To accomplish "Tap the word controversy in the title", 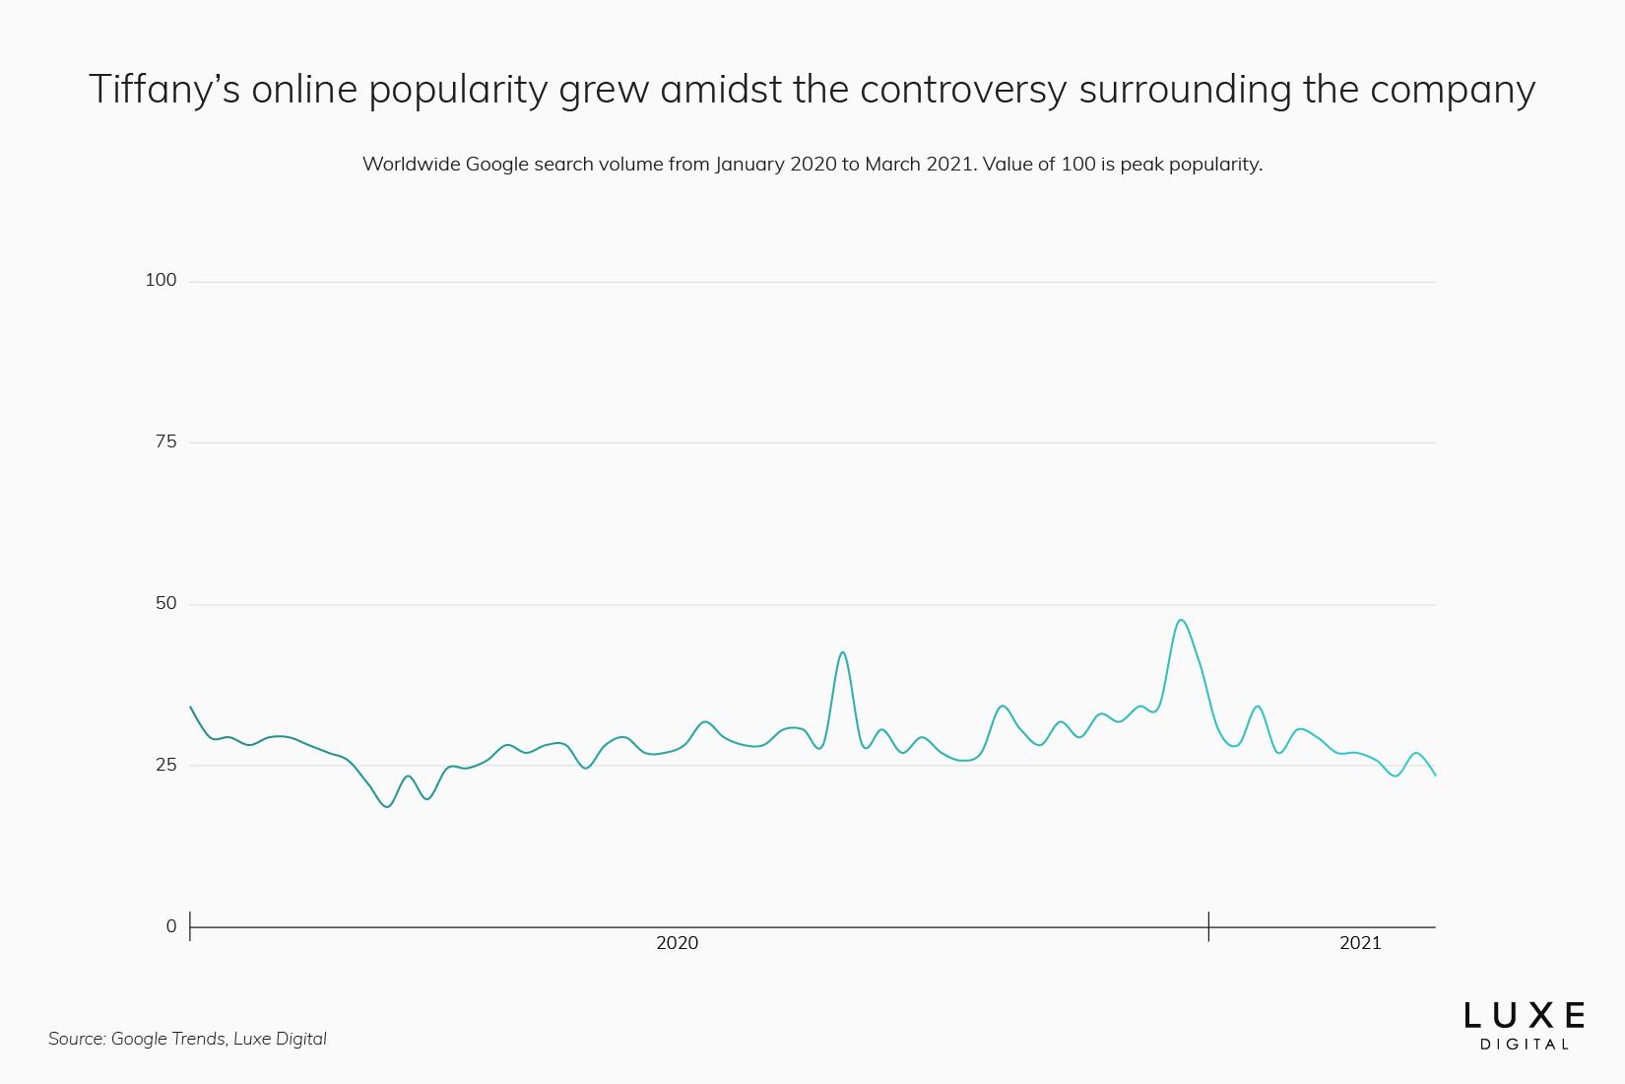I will [x=962, y=90].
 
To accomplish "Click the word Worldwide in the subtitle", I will [x=411, y=165].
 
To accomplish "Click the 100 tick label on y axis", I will [x=161, y=280].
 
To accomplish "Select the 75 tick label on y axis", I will [x=165, y=441].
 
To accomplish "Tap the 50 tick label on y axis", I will [x=165, y=603].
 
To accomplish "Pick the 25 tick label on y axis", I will [x=165, y=765].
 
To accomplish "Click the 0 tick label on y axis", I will [x=171, y=926].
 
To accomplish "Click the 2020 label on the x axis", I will [x=677, y=943].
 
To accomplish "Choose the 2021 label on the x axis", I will [x=1360, y=943].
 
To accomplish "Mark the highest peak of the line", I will [x=1180, y=620].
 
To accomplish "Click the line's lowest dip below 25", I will [x=387, y=807].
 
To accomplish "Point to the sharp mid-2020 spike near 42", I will [x=842, y=652].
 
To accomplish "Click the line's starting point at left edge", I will [x=190, y=707].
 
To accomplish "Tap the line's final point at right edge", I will [x=1435, y=776].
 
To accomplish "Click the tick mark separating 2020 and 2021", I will [x=1208, y=926].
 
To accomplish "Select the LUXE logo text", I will [x=1524, y=1016].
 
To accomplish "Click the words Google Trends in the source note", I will [x=167, y=1039].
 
